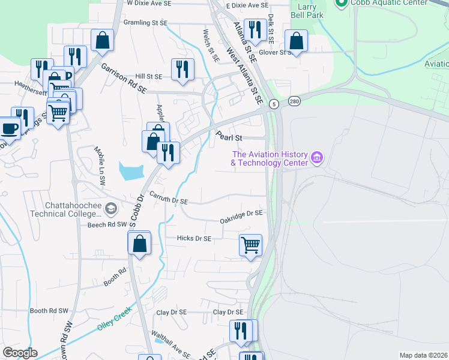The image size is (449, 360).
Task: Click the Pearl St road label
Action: point(229,137)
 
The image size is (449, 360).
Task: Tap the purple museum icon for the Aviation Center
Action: point(318,159)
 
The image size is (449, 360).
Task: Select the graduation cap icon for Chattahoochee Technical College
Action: point(110,209)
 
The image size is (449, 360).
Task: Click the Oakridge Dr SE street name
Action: point(241,213)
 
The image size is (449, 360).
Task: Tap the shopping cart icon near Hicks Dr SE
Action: point(250,244)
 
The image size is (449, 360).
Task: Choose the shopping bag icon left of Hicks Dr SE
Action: point(139,243)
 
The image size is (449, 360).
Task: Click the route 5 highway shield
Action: point(273,104)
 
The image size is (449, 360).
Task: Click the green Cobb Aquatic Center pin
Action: point(342,3)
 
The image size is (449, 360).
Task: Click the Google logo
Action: point(20,353)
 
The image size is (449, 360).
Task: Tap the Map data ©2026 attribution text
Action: point(423,355)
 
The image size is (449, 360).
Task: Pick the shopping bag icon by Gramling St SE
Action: point(103,40)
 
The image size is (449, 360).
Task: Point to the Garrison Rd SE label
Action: point(124,79)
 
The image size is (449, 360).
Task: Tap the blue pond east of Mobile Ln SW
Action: point(131,172)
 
